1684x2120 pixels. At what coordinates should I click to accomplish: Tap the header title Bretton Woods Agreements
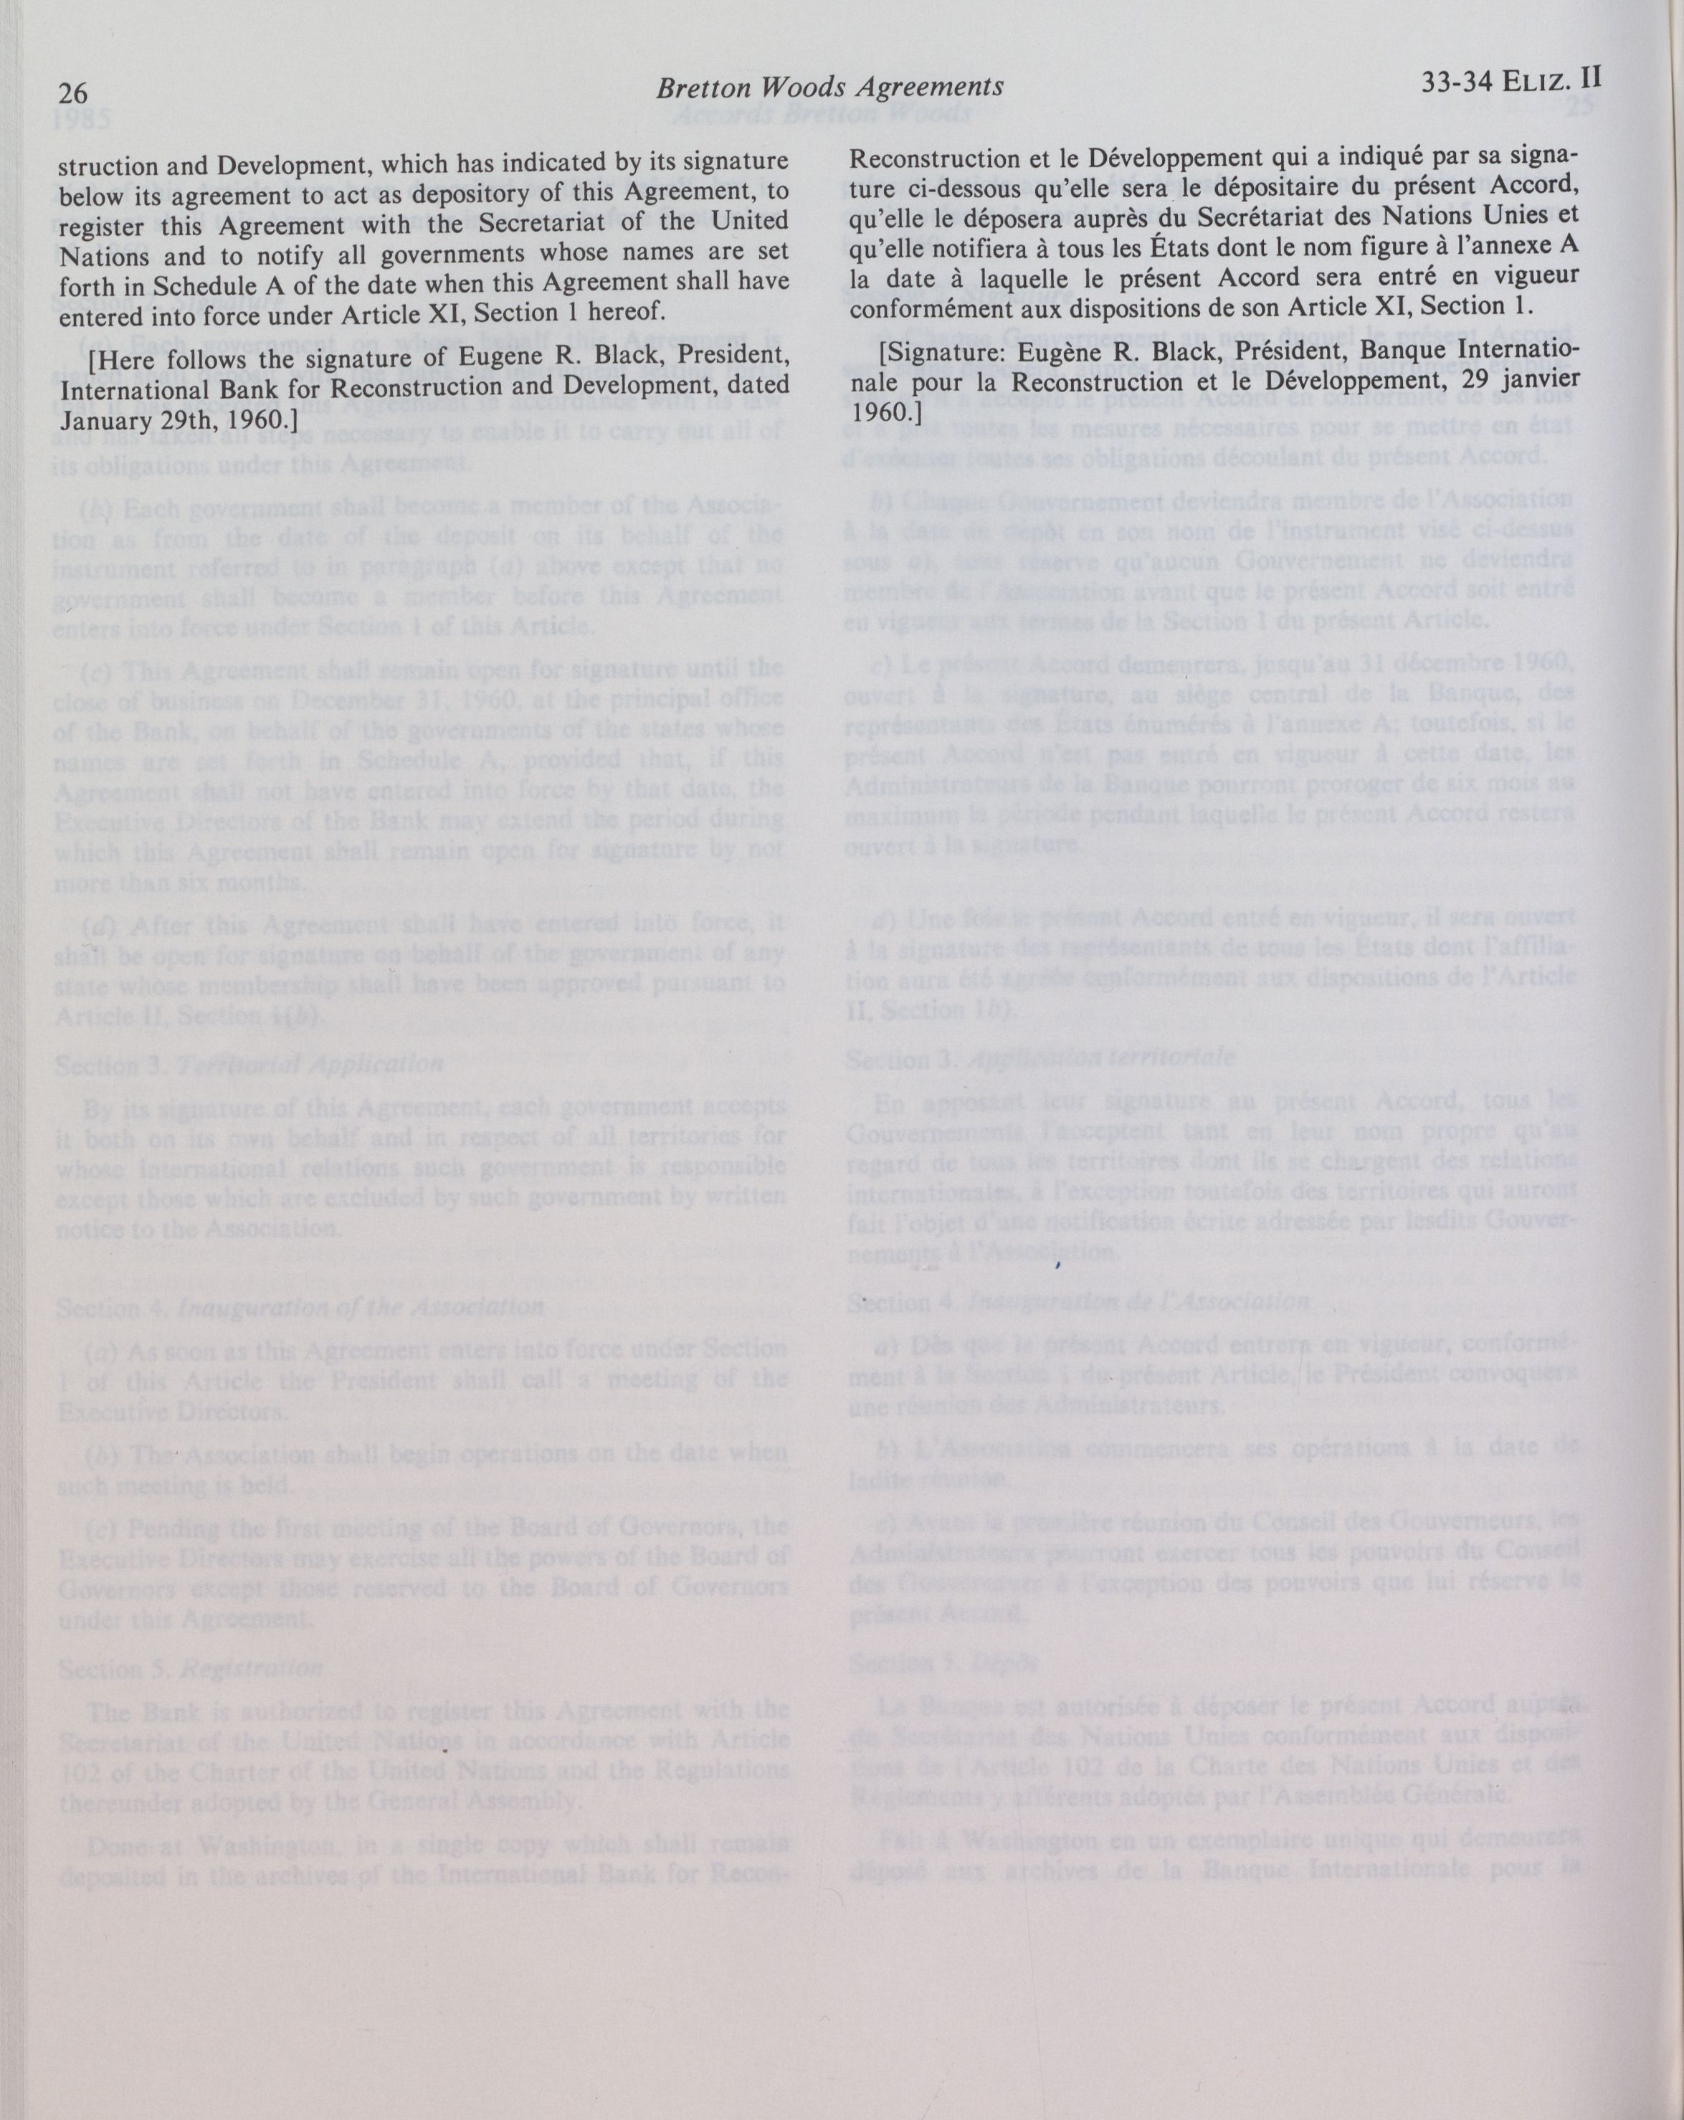tap(829, 88)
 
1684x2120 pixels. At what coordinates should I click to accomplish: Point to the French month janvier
tap(1541, 381)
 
